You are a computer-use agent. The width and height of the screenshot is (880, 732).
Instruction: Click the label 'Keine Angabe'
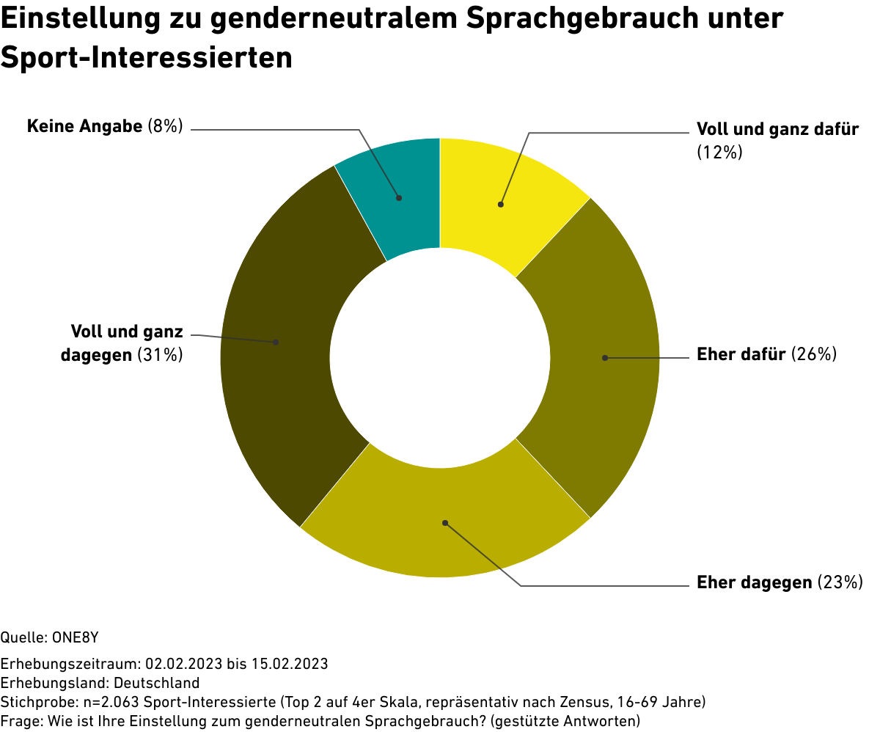click(84, 126)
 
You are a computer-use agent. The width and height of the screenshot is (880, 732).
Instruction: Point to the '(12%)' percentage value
click(719, 153)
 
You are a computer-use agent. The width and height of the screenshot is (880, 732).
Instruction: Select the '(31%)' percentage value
click(161, 355)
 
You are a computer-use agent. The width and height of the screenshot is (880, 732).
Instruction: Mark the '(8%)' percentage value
click(165, 126)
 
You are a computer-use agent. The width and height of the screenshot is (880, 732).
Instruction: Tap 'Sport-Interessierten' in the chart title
click(147, 57)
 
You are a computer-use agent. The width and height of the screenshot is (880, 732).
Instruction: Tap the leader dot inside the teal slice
click(399, 197)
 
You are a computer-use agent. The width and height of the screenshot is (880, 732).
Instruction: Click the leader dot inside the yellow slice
click(501, 205)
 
